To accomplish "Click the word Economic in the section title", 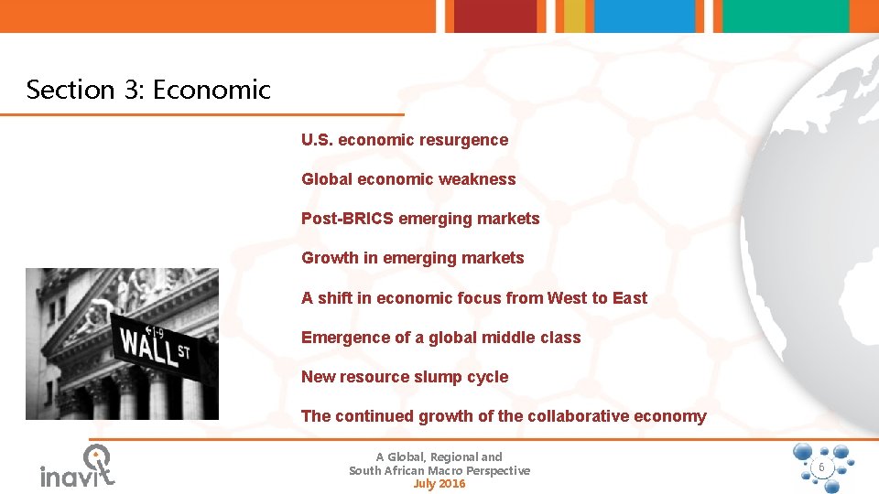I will coord(212,90).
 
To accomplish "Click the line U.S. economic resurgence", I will coord(405,140).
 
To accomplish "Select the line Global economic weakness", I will coord(408,179).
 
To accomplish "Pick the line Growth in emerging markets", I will coord(413,258).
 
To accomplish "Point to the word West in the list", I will coord(567,298).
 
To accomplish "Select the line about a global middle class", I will coord(440,338).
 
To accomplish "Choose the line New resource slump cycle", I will coord(405,377).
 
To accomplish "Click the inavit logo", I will coord(79,467).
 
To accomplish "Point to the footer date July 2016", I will coord(439,484).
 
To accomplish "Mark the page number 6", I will coord(821,467).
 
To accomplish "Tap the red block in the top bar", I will coord(494,16).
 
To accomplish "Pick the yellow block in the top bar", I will coord(574,16).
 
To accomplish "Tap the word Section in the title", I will coord(62,90).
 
